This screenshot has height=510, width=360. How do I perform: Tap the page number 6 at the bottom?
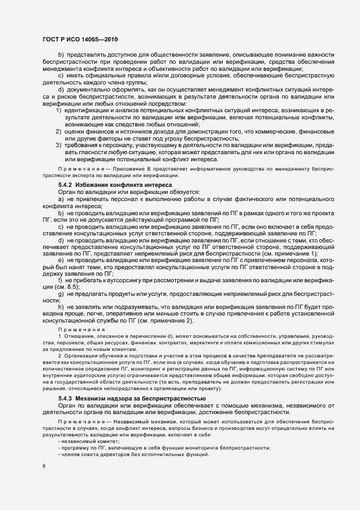tap(44, 466)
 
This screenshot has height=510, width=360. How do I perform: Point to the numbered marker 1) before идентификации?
tap(59, 111)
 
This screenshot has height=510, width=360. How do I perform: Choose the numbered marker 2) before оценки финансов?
tap(59, 132)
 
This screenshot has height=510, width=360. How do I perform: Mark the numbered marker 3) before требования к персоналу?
tap(59, 146)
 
